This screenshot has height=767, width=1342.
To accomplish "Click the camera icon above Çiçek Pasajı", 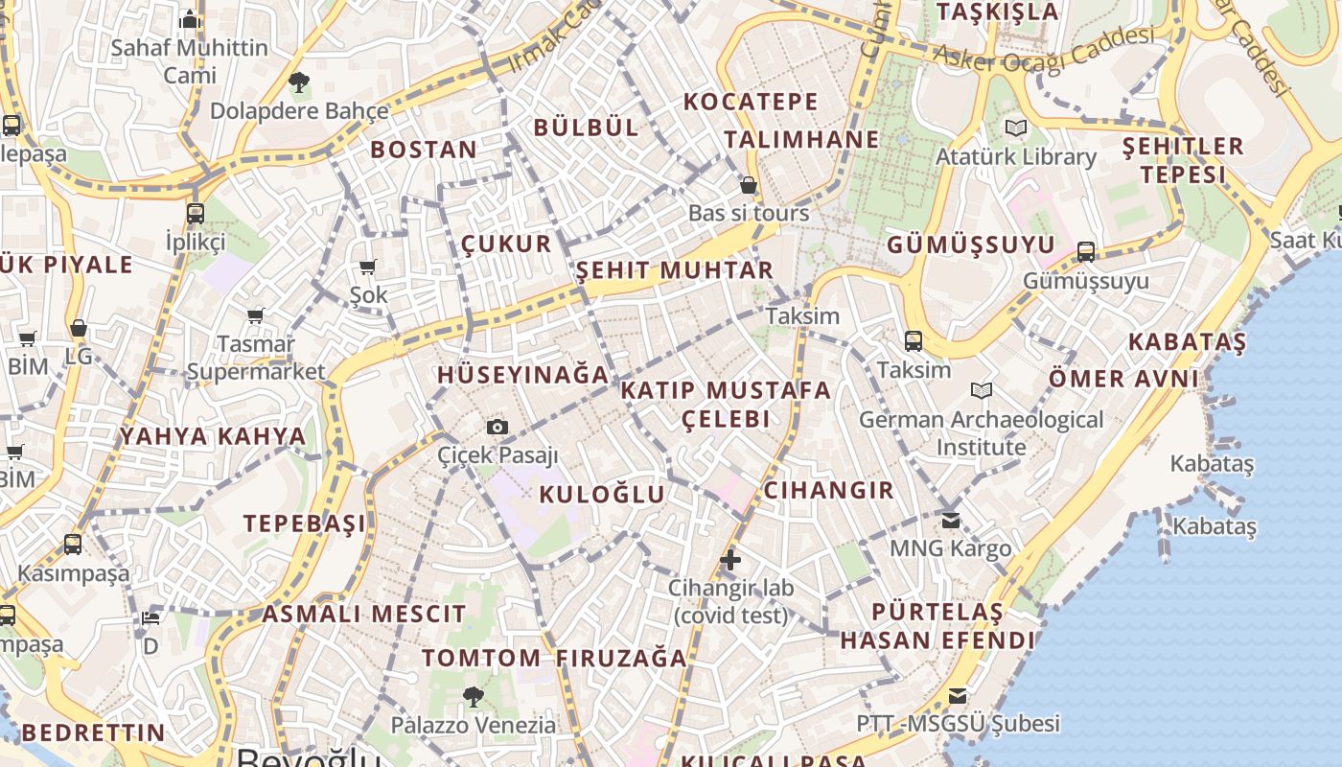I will click(x=497, y=427).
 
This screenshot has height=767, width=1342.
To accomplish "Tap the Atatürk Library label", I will click(x=1015, y=156).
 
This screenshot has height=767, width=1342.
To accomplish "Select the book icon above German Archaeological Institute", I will click(x=981, y=390).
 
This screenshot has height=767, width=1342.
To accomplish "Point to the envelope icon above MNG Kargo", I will click(x=950, y=521).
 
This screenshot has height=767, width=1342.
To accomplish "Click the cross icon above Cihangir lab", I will click(x=730, y=560).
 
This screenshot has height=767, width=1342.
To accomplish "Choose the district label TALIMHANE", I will click(x=801, y=140).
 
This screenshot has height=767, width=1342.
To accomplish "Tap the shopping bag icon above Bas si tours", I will click(x=749, y=185).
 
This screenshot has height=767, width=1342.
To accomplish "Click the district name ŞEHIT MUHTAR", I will click(x=674, y=270).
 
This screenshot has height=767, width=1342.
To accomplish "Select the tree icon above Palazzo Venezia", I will click(x=473, y=697).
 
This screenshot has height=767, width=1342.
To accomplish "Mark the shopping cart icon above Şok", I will click(x=368, y=267).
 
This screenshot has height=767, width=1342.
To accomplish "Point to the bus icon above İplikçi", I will click(x=196, y=213).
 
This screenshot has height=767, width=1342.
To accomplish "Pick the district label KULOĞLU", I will click(x=601, y=495).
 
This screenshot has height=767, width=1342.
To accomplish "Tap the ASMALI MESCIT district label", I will click(x=364, y=614).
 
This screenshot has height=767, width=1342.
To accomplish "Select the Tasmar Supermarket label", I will click(x=256, y=358).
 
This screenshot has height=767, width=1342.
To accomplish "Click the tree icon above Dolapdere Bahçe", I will click(x=299, y=82).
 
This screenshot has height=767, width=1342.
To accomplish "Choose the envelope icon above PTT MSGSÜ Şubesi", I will click(x=958, y=696).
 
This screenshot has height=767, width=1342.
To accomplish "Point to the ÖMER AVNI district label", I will click(x=1122, y=379).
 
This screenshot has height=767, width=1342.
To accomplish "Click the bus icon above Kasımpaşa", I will click(x=73, y=545).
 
